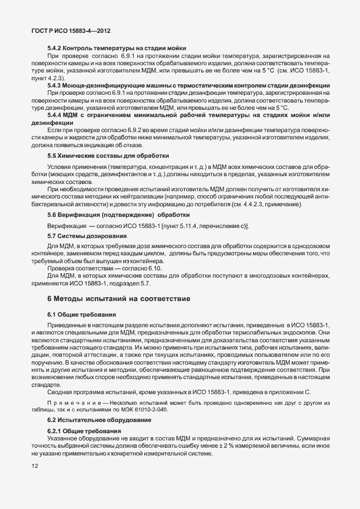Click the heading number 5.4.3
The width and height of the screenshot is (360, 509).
tap(55, 85)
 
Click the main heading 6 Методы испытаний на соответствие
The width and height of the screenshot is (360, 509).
tap(119, 299)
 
